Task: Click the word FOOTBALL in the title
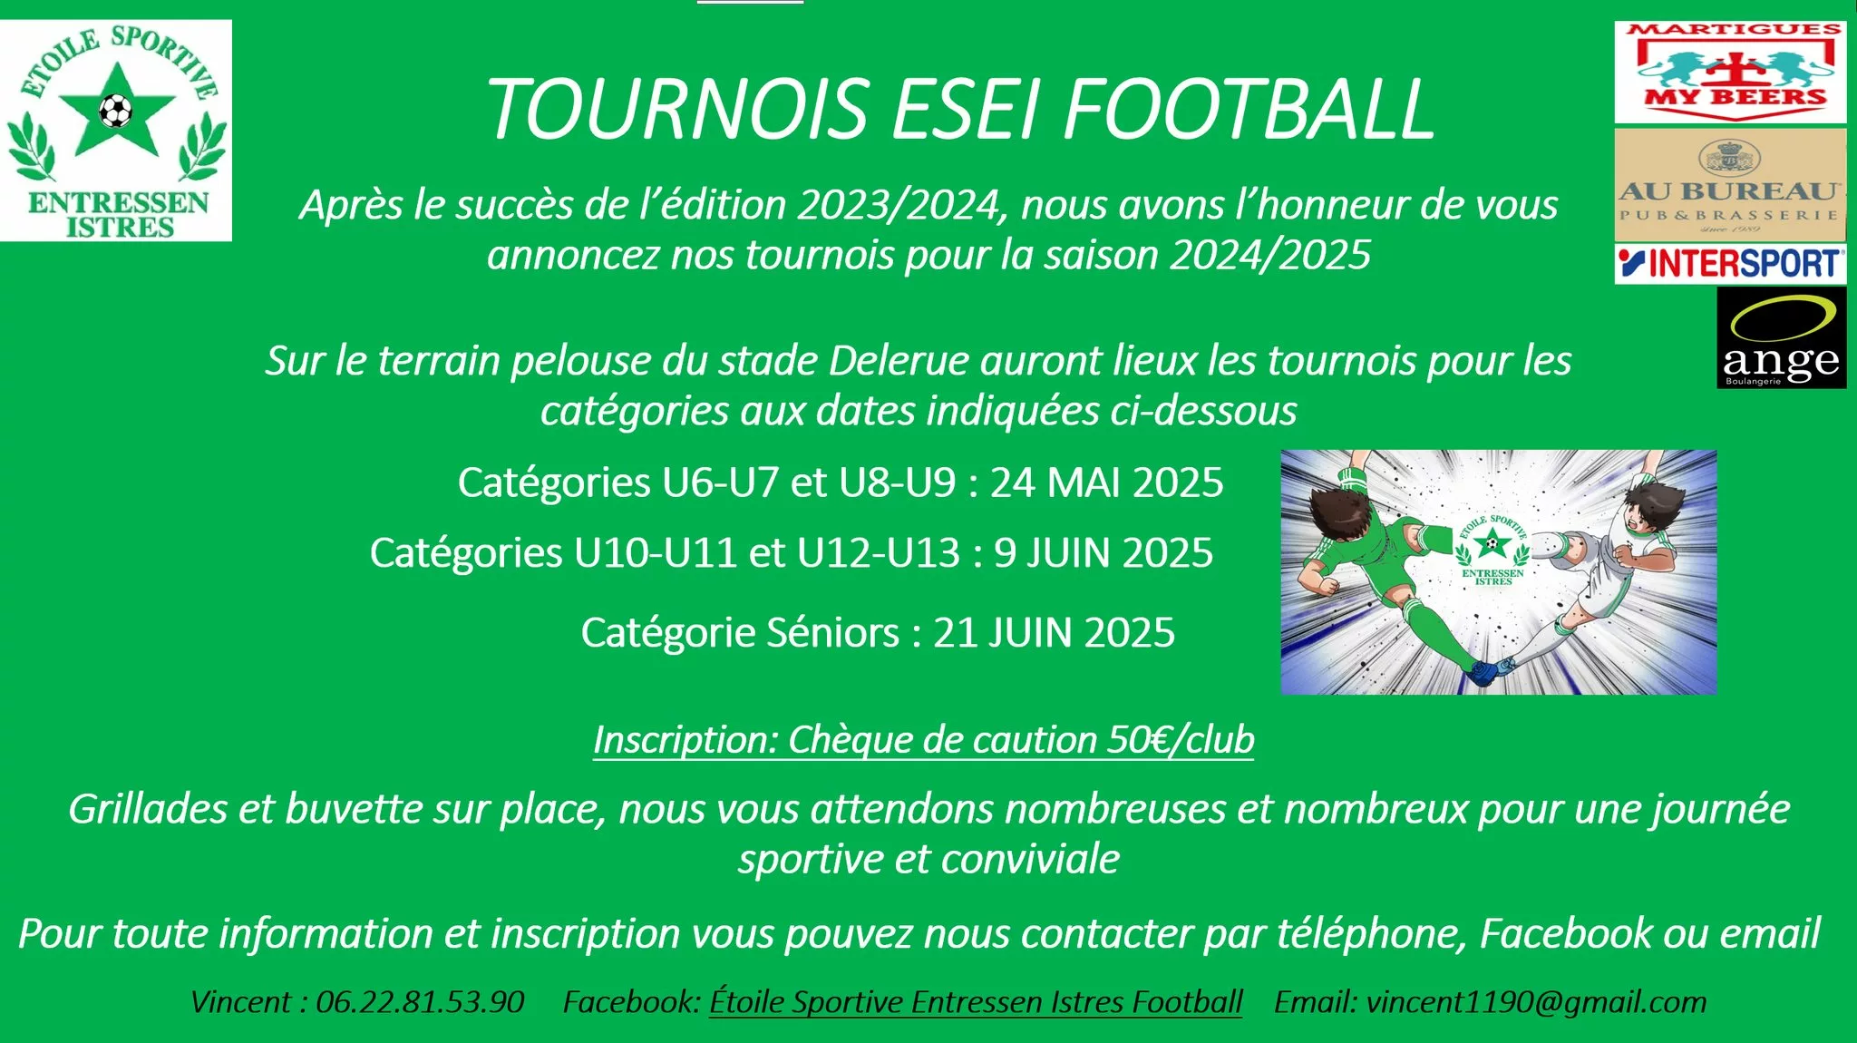[x=1249, y=109]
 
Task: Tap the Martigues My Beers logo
[x=1730, y=72]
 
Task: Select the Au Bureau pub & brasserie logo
[x=1730, y=185]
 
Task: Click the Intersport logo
[x=1730, y=264]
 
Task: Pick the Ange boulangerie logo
[x=1781, y=337]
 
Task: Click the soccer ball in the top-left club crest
[x=115, y=112]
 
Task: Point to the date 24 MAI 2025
[x=1106, y=483]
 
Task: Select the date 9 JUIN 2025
[x=1104, y=553]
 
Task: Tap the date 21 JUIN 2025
[x=1054, y=633]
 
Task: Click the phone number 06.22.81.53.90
[x=420, y=1002]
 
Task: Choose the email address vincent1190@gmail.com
[x=1536, y=1002]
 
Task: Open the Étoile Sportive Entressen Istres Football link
[x=976, y=1002]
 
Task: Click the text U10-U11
[x=655, y=553]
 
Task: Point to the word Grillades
[x=147, y=809]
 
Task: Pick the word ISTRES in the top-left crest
[x=119, y=227]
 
